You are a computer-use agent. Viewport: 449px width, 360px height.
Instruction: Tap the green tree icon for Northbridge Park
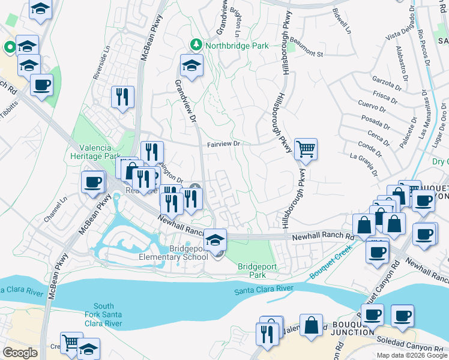[x=196, y=44]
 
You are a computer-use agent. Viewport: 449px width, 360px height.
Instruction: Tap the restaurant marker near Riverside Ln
[x=122, y=97]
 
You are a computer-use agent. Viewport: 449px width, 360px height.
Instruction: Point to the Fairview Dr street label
[x=223, y=144]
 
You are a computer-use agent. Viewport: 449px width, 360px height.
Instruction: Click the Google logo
[x=20, y=352]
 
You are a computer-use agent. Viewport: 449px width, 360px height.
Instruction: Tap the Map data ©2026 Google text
[x=411, y=355]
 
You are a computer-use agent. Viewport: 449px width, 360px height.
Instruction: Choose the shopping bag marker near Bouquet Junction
[x=312, y=326]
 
